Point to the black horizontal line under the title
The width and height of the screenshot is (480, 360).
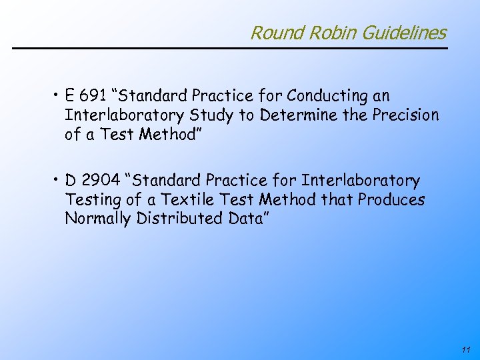[x=230, y=48]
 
